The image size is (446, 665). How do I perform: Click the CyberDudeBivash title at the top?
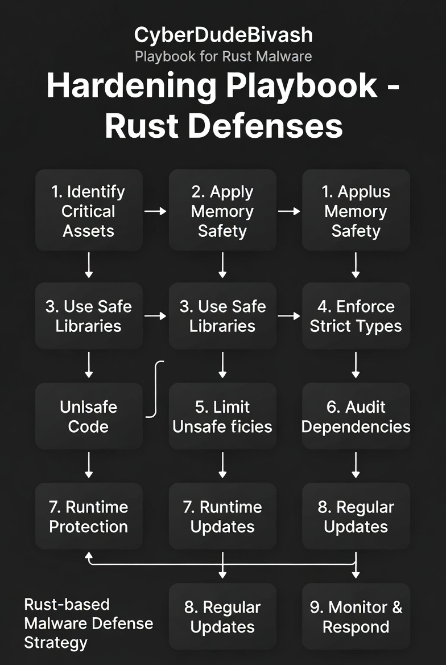223,35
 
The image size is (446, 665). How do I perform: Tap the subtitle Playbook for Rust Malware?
223,56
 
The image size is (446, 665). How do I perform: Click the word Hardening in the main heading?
131,86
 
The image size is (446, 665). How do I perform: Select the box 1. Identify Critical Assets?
88,211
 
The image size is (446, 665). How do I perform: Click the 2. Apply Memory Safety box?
222,211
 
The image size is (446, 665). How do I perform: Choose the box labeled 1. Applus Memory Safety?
356,211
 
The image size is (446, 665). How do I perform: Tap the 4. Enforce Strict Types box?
356,316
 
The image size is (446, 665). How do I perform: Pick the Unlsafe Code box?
88,416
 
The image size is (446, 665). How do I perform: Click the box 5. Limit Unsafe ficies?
222,416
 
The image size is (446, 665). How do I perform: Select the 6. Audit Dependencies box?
356,416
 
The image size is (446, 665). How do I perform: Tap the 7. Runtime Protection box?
88,516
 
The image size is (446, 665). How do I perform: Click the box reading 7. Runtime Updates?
222,516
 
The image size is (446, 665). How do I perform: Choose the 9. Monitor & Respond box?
356,617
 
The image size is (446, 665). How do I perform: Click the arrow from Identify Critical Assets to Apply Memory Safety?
155,211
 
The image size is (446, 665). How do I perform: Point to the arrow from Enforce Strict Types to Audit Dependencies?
356,365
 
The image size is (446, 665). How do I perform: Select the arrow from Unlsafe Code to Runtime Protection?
88,465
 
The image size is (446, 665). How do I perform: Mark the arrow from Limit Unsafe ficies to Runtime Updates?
222,465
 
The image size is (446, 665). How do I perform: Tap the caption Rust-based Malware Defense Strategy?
88,623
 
